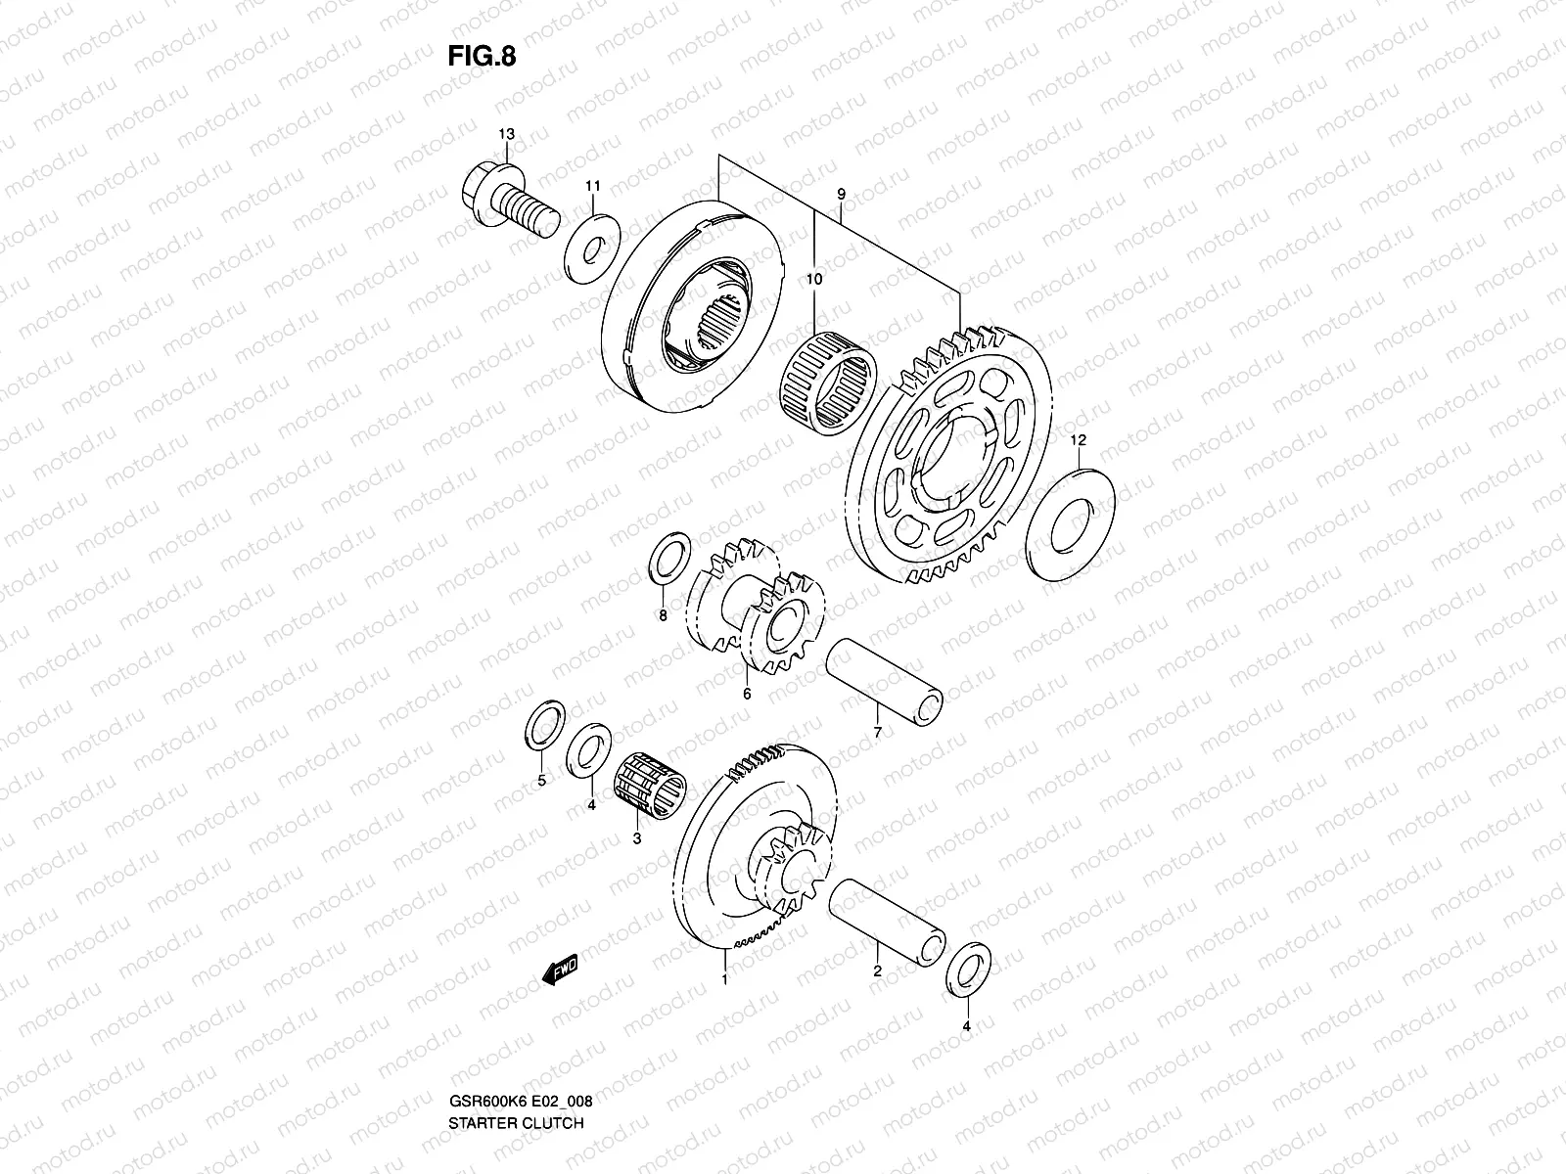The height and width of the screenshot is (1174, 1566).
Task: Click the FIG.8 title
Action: point(482,57)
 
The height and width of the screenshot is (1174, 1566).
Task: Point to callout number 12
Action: point(1078,441)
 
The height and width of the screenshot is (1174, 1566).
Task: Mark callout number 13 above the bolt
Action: point(506,134)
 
